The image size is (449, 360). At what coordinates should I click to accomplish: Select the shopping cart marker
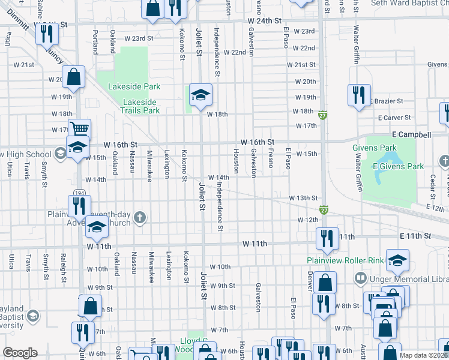coord(79,128)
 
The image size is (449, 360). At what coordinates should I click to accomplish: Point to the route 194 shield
coord(79,192)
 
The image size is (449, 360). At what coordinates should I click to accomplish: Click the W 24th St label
coord(264,20)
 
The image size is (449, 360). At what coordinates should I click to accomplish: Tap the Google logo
coord(20,353)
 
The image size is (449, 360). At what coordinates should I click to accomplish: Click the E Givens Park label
coord(398,166)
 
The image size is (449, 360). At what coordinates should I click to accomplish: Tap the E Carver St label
coord(394,118)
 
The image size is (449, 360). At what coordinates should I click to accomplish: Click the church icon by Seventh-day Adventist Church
coord(140,217)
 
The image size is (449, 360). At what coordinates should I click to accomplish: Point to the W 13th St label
coord(303,198)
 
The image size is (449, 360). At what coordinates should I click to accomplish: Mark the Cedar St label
coord(432,187)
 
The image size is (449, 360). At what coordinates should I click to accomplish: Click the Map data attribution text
coord(423,355)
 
